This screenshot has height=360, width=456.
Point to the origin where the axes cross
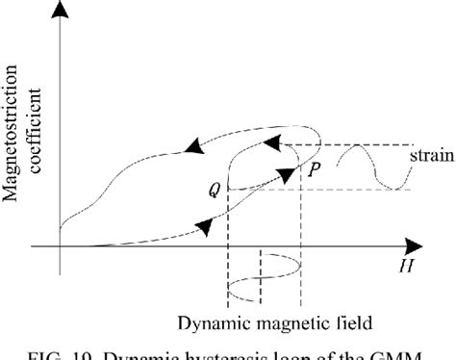[x=61, y=247]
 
